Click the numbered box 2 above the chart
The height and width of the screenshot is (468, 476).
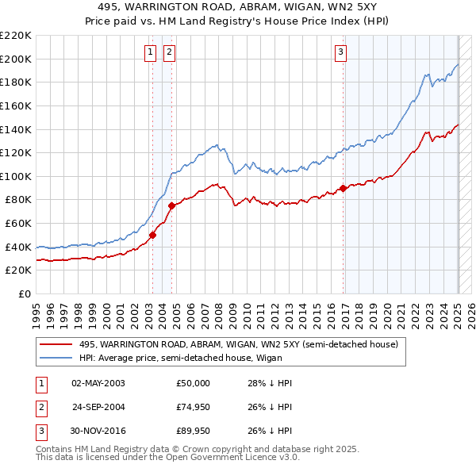[x=170, y=53]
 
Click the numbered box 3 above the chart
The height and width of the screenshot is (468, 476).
[x=340, y=53]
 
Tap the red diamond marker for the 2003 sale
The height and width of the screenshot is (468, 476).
[x=153, y=234]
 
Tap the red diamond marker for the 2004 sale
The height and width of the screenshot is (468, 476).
[x=171, y=206]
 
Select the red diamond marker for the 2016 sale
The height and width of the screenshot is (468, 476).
[x=344, y=188]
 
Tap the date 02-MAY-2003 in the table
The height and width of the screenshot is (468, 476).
[x=98, y=383]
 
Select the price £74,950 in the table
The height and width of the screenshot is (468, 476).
[x=194, y=408]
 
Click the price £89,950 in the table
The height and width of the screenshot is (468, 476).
[x=194, y=432]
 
